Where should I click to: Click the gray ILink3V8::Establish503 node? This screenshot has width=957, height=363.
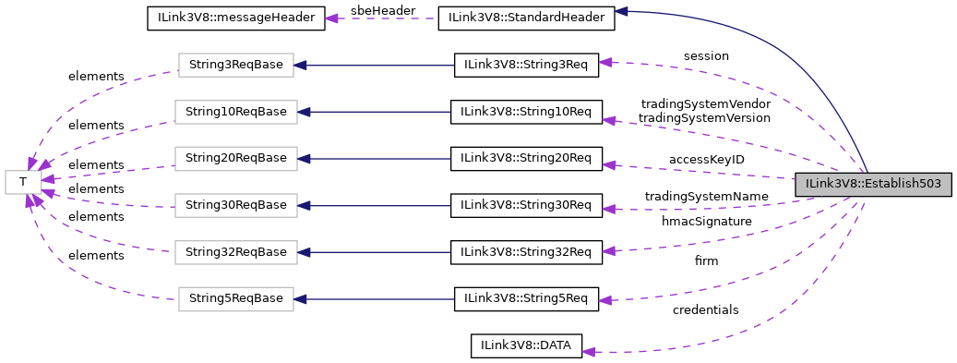[x=873, y=184]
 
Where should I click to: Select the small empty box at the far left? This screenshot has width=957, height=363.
[x=23, y=182]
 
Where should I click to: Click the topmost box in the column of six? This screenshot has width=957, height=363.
[x=235, y=65]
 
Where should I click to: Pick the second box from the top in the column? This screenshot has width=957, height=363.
[x=235, y=112]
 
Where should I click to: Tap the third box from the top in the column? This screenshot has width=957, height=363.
[x=235, y=159]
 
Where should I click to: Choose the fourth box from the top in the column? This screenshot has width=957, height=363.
[x=235, y=205]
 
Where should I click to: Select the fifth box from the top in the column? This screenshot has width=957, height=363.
[x=235, y=252]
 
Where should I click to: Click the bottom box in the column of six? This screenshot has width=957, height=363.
[x=235, y=299]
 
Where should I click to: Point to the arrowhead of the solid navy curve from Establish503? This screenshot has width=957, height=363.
[x=621, y=11]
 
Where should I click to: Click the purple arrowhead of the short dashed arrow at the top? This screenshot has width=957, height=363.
[x=331, y=18]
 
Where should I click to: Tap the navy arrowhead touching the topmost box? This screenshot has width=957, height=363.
[x=300, y=65]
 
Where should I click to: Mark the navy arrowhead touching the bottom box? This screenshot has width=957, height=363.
[x=300, y=299]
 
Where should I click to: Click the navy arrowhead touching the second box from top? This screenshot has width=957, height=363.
[x=304, y=112]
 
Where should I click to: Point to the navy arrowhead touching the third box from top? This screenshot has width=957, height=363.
[x=304, y=159]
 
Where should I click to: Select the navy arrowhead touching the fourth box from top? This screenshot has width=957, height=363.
[x=304, y=205]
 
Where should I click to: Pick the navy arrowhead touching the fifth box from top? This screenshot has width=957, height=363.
[x=304, y=252]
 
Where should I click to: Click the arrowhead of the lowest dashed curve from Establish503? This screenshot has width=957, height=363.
[x=589, y=351]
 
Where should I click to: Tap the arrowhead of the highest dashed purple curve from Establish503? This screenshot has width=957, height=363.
[x=604, y=62]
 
